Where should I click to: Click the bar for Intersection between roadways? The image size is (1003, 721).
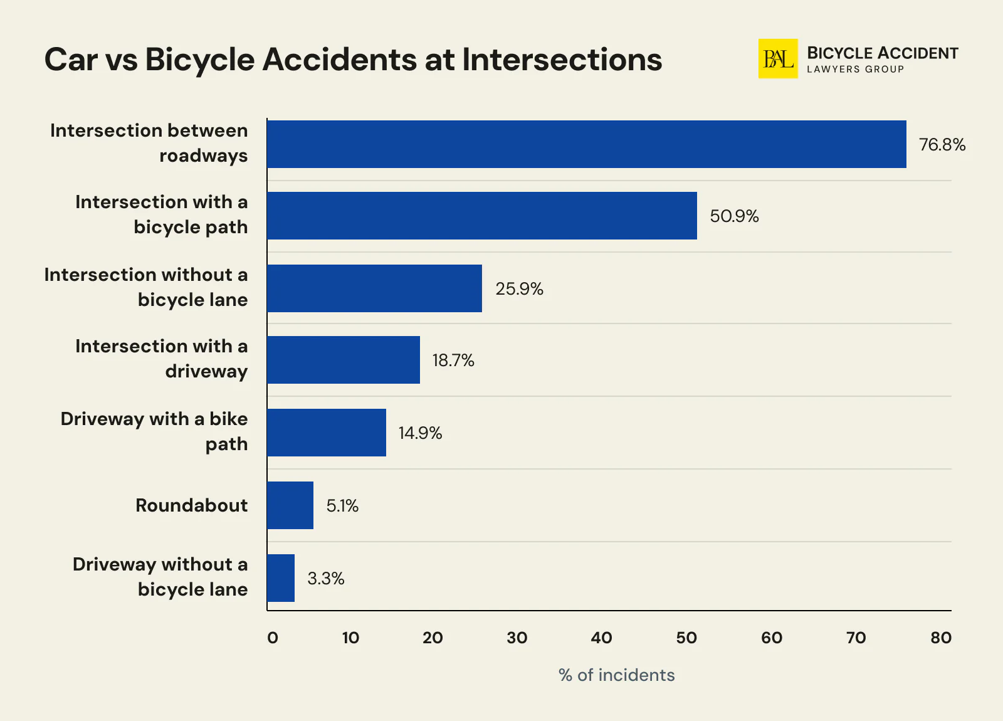tap(586, 144)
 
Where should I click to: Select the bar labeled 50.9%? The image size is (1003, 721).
tap(481, 216)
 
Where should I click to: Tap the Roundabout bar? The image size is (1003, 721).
tap(290, 505)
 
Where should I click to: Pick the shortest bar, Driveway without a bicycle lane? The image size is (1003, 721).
tap(280, 578)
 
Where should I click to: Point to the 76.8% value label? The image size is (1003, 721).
tap(942, 145)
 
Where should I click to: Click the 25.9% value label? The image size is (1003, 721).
tap(519, 289)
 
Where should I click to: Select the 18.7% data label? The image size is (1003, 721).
tap(453, 360)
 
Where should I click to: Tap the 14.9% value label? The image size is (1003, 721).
tap(420, 433)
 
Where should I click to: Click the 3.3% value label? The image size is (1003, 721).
tap(325, 579)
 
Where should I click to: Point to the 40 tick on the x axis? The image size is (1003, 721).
tap(601, 638)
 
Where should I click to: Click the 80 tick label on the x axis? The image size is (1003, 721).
tap(940, 638)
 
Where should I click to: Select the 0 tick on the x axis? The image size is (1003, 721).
tap(272, 638)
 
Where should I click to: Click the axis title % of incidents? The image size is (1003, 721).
tap(616, 675)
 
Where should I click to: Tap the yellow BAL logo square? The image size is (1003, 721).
tap(777, 59)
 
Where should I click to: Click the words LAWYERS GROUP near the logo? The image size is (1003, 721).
tap(855, 70)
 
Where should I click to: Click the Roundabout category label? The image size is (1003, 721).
tap(191, 505)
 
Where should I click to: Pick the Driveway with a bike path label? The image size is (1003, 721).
tap(154, 431)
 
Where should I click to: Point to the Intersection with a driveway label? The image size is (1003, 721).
tap(161, 359)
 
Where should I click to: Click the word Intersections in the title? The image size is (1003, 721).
tap(562, 60)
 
